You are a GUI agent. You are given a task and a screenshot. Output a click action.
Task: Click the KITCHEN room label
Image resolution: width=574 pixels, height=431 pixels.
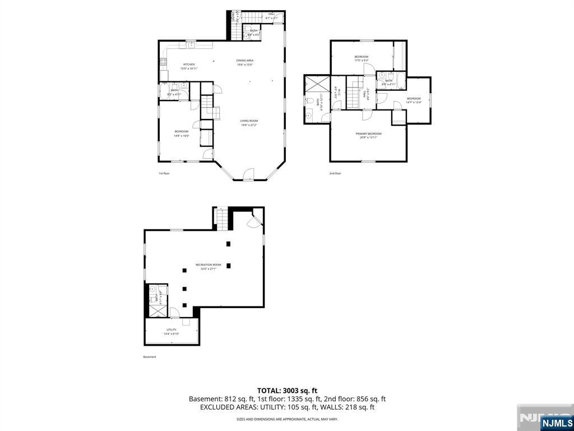(x=188, y=66)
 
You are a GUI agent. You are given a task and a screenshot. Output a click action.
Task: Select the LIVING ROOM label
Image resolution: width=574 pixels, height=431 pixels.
(x=249, y=122)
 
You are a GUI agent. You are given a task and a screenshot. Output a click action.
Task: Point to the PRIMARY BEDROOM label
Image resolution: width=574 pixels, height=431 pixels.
(x=368, y=135)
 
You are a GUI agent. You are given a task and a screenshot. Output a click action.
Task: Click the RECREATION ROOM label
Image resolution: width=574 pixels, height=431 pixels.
(x=209, y=267)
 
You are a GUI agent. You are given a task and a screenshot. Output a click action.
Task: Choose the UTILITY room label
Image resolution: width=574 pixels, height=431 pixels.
(x=172, y=331)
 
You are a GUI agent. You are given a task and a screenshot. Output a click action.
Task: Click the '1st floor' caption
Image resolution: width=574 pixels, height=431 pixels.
(x=164, y=173)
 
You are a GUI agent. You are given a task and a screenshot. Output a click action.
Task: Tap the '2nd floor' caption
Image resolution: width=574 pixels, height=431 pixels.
(x=335, y=173)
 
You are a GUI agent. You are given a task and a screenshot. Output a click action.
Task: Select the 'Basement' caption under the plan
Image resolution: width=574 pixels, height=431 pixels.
(x=150, y=357)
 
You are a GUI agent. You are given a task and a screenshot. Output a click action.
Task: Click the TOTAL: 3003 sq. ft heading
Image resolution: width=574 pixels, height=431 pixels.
(x=287, y=390)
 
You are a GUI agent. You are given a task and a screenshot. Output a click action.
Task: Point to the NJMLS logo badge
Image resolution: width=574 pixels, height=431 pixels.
(x=557, y=423)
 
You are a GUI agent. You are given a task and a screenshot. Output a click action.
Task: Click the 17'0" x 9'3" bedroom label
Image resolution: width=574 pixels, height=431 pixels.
(x=362, y=58)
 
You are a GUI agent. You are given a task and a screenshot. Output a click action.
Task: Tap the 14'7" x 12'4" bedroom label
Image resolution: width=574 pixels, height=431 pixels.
(x=414, y=100)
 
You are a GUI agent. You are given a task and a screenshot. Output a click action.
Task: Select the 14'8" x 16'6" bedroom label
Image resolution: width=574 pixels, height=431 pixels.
(x=182, y=133)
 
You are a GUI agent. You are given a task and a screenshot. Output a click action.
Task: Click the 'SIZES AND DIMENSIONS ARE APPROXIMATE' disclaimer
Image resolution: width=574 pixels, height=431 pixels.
(x=287, y=419)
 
